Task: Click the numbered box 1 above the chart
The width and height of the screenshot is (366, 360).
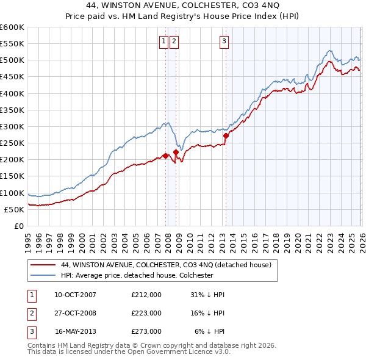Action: (164, 41)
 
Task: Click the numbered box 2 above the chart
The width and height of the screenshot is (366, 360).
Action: (174, 41)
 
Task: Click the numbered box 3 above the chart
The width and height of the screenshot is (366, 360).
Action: (224, 41)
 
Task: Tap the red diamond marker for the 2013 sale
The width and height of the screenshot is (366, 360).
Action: (226, 135)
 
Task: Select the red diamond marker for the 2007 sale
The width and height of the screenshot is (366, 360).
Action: (165, 156)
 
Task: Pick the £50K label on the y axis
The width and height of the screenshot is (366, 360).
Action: (15, 209)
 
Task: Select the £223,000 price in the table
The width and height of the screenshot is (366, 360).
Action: (146, 313)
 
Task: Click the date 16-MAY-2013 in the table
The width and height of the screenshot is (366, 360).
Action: (76, 331)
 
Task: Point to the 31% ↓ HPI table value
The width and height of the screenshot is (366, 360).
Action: (207, 295)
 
